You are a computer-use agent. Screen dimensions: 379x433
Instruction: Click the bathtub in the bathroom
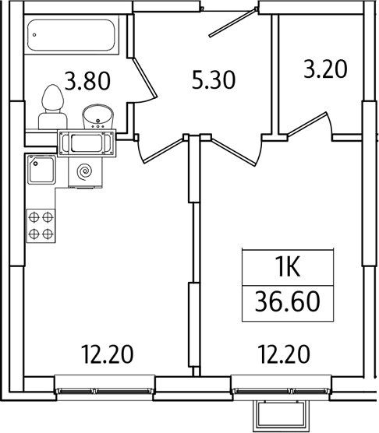point(72,35)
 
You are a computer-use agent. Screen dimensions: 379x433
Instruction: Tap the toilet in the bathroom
point(52,107)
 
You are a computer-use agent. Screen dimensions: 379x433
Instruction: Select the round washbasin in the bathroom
point(97,117)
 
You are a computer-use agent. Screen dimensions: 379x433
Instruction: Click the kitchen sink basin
point(42,170)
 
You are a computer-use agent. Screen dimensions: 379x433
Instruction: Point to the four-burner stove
point(41,226)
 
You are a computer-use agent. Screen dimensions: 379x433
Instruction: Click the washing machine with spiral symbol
point(86,173)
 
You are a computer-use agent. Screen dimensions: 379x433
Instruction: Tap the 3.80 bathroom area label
point(87,81)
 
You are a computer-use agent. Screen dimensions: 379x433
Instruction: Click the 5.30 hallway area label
point(214,79)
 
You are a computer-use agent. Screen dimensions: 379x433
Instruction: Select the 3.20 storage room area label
point(325,69)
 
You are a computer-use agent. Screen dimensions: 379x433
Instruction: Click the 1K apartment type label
point(288,268)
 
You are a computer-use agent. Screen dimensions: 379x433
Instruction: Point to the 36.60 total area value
point(288,302)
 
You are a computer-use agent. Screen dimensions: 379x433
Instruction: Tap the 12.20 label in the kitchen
point(108,354)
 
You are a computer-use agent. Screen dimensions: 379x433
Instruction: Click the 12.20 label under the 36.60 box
point(284,354)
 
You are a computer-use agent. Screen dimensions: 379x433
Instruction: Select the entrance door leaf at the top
point(232,23)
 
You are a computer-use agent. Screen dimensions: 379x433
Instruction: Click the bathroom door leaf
point(145,78)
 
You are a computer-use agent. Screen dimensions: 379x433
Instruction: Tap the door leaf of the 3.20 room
point(307,124)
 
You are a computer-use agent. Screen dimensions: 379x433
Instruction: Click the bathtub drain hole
point(34,35)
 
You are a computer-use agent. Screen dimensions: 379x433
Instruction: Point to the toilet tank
point(53,121)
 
